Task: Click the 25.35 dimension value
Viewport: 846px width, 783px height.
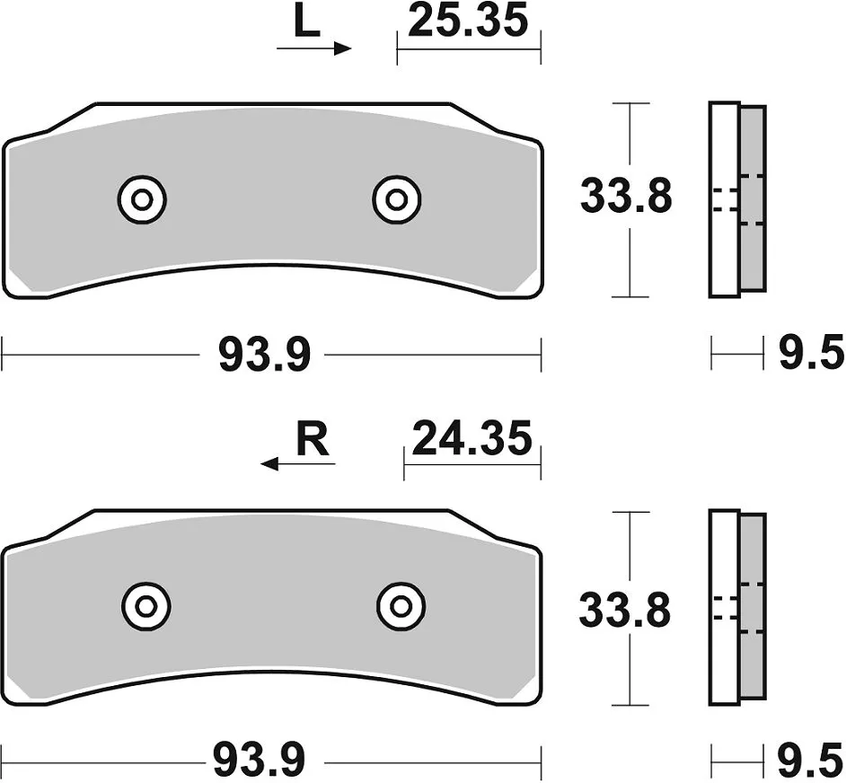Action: (467, 21)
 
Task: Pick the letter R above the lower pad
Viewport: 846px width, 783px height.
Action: (313, 441)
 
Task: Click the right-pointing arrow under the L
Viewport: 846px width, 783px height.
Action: (314, 48)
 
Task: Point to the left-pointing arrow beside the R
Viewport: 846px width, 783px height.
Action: (298, 463)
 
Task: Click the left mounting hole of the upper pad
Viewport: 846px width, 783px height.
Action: (141, 199)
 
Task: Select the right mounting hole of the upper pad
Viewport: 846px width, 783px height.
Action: (397, 199)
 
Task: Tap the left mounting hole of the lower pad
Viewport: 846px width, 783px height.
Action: (145, 606)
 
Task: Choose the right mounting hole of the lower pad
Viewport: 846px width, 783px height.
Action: (401, 606)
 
